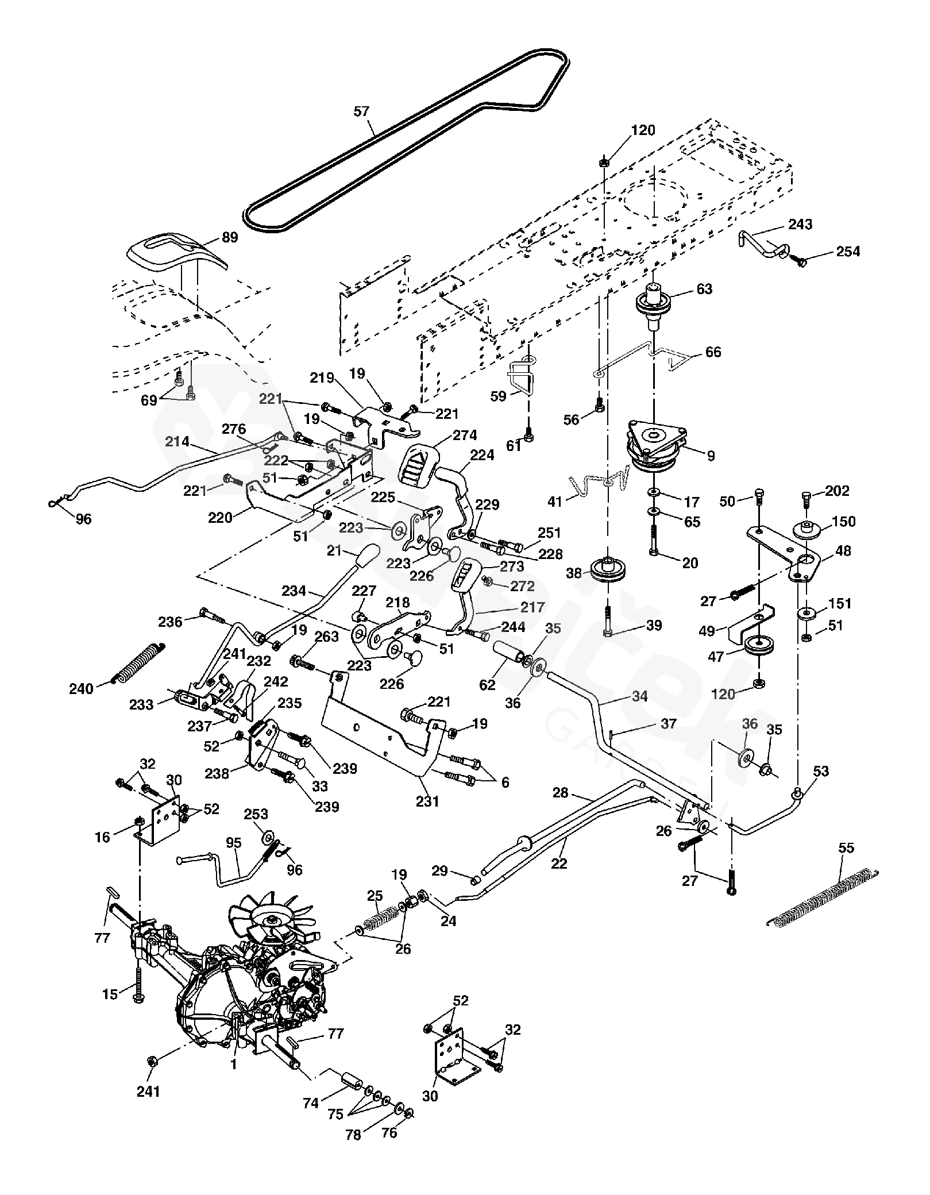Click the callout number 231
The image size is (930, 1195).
click(427, 800)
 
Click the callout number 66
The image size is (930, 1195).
click(713, 352)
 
